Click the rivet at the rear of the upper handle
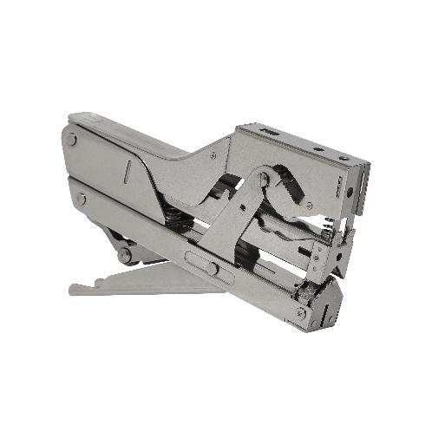click(73, 139)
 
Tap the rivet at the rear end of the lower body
click(81, 199)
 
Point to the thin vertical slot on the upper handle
click(127, 171)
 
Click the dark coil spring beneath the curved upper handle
click(174, 222)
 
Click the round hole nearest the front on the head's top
click(344, 158)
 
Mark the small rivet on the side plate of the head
click(310, 206)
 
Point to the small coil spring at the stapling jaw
click(328, 228)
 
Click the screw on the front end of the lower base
click(300, 311)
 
